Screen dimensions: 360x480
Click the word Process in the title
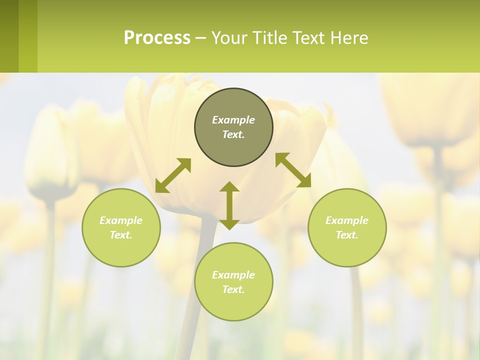click(x=157, y=38)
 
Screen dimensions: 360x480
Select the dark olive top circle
click(x=233, y=127)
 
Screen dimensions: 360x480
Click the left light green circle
click(x=121, y=227)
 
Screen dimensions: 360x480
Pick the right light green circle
click(x=347, y=227)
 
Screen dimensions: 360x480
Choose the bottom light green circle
click(x=233, y=281)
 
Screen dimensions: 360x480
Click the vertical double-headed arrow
click(x=229, y=205)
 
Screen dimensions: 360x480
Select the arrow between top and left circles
click(x=173, y=175)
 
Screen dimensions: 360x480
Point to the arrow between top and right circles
click(x=293, y=170)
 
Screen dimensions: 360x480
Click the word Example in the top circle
click(x=233, y=120)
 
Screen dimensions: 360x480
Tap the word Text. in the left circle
click(x=121, y=235)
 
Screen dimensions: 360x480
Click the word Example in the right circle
click(x=347, y=220)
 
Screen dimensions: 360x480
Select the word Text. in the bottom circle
click(x=233, y=289)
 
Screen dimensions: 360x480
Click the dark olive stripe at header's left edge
click(x=9, y=36)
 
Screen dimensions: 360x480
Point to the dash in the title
click(x=200, y=38)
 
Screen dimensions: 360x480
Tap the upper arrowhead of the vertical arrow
click(x=229, y=187)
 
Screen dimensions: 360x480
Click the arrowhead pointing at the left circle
click(x=161, y=186)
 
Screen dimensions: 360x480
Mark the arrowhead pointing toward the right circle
click(x=304, y=181)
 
